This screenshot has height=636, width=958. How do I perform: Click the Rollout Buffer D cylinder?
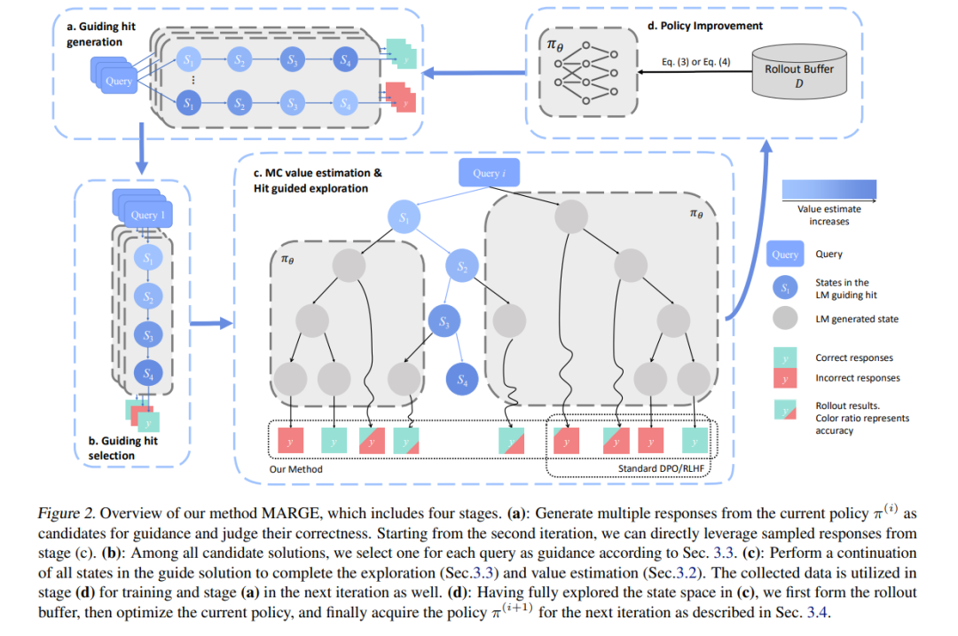click(799, 72)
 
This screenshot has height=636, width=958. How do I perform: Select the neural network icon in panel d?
click(586, 73)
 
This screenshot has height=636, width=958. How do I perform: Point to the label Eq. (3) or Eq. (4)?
click(696, 62)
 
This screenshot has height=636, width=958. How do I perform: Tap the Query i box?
click(490, 173)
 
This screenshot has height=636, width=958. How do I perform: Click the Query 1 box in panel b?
click(148, 215)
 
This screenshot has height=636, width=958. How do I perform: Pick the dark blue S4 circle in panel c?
click(462, 380)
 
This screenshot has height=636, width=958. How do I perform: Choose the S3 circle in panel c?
click(444, 321)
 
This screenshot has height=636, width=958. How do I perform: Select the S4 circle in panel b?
click(148, 373)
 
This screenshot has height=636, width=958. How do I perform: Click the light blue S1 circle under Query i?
click(404, 217)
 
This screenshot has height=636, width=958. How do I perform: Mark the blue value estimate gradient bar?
click(829, 190)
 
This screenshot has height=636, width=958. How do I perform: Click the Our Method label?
click(295, 469)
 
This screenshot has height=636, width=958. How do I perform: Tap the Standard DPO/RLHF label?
click(661, 468)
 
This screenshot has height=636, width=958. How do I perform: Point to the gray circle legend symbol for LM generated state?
click(785, 318)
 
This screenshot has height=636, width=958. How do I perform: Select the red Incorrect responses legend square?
click(785, 378)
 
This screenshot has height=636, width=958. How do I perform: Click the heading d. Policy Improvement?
click(705, 26)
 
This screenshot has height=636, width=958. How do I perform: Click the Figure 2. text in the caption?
click(67, 514)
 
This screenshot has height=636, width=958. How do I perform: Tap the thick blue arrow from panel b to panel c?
click(211, 323)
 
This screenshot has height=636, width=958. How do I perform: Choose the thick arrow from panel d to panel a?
click(474, 73)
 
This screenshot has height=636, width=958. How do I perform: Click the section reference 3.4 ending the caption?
click(817, 612)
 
